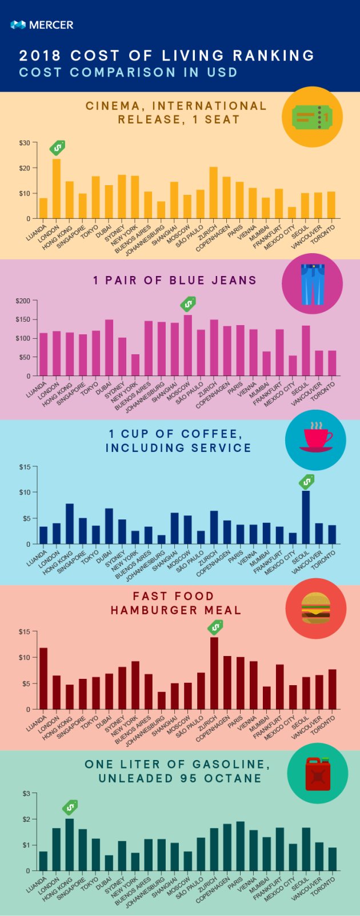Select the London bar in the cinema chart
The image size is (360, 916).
coord(57,189)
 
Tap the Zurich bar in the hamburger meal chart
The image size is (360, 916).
coord(214,673)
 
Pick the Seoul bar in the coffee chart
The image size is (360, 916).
coord(306,517)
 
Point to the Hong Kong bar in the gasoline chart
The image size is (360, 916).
coord(70,845)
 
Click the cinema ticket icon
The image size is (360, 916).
coord(311,117)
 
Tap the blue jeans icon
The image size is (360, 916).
coord(312,283)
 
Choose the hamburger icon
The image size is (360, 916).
coord(315,608)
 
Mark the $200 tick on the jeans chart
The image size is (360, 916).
coord(23,301)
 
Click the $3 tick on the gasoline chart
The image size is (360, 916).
coord(26,794)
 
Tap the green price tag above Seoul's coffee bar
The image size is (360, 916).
coord(307,482)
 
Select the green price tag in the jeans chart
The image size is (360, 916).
coord(187,303)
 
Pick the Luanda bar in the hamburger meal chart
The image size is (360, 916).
coord(43,678)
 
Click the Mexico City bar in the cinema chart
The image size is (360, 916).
coord(292,213)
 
